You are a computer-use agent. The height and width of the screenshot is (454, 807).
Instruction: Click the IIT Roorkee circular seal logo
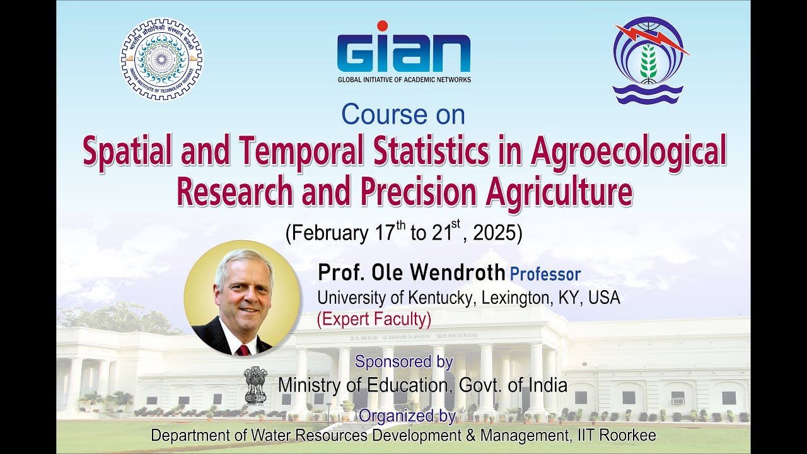pos(162,59)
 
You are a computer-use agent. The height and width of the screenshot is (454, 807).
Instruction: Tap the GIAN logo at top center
pos(403,54)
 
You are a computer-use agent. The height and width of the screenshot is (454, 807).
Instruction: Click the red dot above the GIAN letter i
pos(382,26)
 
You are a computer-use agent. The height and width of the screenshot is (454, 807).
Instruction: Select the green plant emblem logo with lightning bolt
pos(649,61)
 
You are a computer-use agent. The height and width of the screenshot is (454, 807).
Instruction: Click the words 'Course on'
pos(403,115)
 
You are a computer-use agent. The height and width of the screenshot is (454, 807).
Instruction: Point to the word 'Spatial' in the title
pos(131,153)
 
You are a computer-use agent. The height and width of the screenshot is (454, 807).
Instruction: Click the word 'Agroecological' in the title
pos(629,153)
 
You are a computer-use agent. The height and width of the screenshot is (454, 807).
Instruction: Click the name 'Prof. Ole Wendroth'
pos(411,273)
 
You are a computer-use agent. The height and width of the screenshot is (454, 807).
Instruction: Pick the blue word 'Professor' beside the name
pos(545,274)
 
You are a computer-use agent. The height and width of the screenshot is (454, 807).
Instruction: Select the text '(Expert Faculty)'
pos(374,320)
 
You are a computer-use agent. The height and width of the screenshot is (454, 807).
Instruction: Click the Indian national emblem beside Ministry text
pos(255,385)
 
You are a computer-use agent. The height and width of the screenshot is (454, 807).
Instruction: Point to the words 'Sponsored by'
pos(403,362)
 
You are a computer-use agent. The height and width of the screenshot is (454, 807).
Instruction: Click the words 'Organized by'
pos(407,416)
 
